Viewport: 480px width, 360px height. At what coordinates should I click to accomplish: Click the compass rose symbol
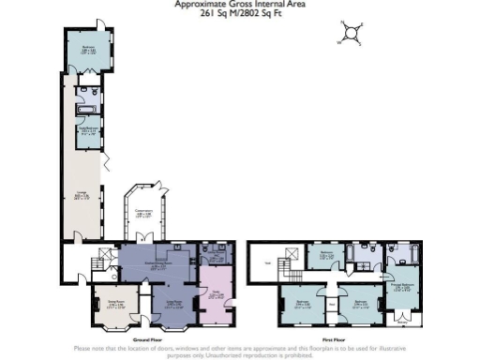352,33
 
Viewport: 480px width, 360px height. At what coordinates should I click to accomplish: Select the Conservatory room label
143,215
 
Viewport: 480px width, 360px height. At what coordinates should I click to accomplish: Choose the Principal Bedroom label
402,289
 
